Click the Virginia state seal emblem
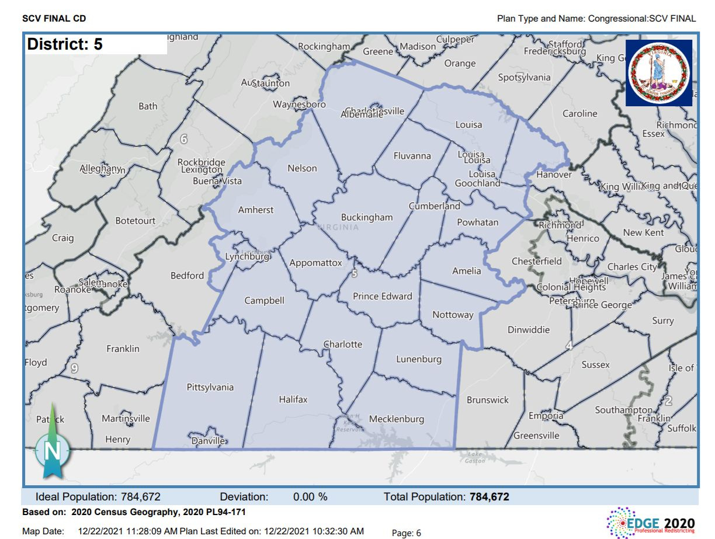[659, 73]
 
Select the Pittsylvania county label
[210, 387]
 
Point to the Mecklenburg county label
[397, 419]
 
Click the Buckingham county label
[367, 217]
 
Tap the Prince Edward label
[382, 296]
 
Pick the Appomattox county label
[315, 263]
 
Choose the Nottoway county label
[453, 315]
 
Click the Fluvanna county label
[412, 156]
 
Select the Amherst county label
[255, 210]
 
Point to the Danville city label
[209, 441]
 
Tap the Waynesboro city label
[299, 105]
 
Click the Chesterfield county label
[537, 261]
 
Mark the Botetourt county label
[136, 221]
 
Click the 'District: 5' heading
[65, 45]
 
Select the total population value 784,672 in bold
[489, 497]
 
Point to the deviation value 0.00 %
[310, 497]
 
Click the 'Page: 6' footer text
[406, 533]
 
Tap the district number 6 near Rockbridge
[183, 140]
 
